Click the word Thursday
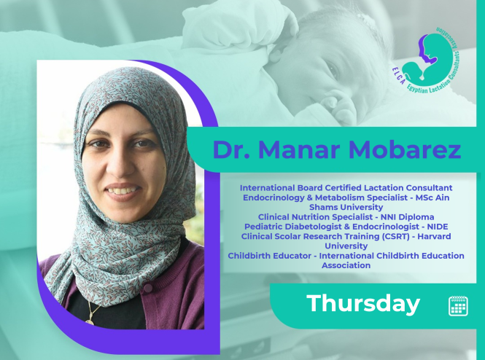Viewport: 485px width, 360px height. tap(363, 304)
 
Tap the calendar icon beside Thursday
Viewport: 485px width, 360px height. tap(458, 305)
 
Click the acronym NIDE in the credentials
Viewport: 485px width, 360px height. tap(438, 227)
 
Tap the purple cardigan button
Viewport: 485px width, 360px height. tap(148, 289)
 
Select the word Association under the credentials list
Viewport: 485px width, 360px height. tap(346, 265)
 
